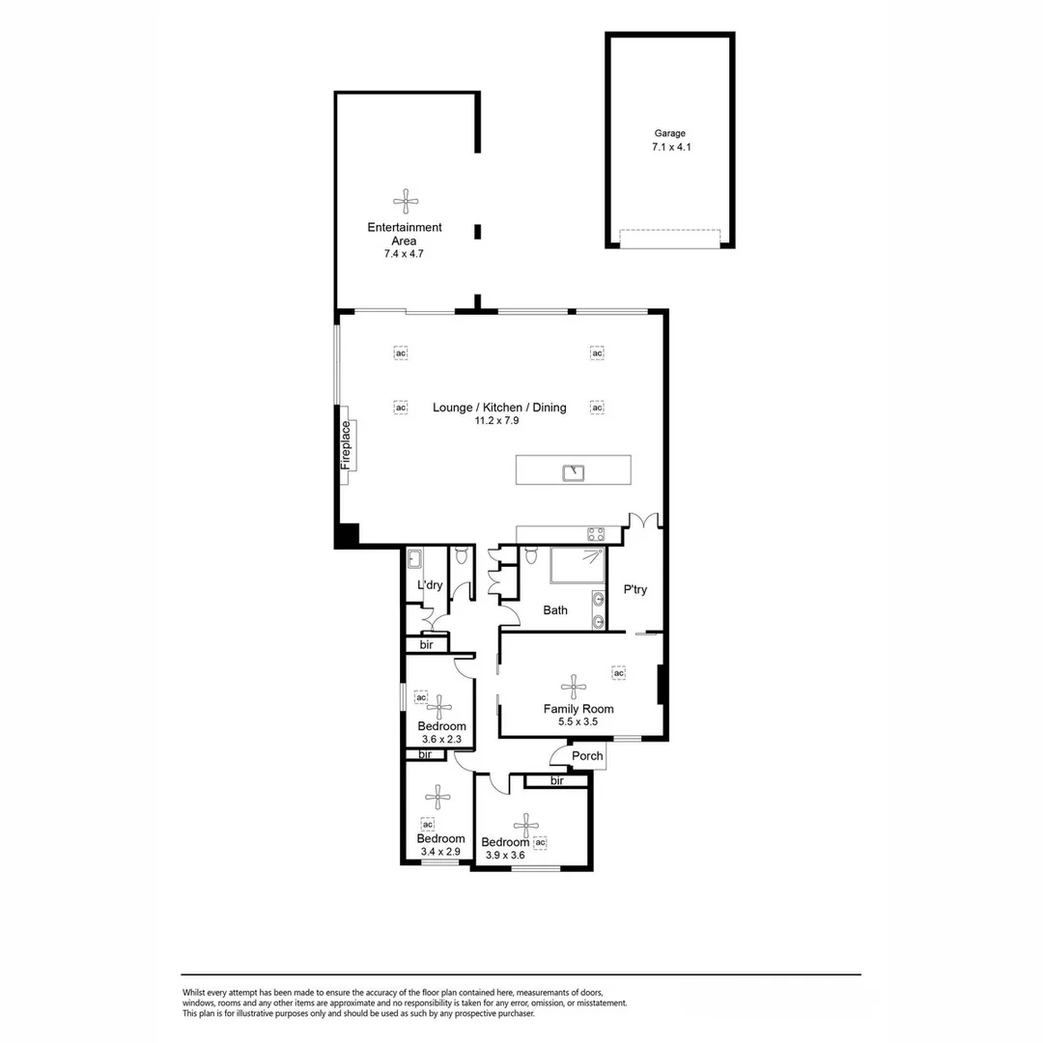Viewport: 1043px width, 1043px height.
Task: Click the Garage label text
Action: pos(669,134)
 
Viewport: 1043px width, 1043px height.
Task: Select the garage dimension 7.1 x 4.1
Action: pos(669,148)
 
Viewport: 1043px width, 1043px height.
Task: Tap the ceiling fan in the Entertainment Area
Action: pos(406,202)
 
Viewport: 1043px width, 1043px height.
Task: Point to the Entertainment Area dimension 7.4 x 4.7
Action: pos(404,254)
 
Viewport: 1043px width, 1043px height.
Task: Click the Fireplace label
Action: pos(346,445)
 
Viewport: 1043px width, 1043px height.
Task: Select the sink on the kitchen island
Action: pos(574,471)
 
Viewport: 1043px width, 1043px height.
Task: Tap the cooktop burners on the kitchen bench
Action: pos(596,533)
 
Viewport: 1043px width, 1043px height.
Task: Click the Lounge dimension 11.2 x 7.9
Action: pos(498,421)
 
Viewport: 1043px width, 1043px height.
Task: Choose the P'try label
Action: pos(634,590)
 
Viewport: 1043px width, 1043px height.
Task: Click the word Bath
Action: pos(555,610)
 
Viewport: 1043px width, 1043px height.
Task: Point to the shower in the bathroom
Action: pos(578,566)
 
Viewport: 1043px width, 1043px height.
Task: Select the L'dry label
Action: pos(430,585)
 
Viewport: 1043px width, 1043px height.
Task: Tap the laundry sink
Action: pos(415,558)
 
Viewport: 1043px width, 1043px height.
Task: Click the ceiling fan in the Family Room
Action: pos(575,687)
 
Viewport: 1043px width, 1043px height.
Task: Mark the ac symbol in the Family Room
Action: pos(619,672)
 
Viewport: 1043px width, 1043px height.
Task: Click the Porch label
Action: pos(587,756)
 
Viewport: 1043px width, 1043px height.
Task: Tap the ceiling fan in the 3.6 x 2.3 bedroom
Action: pos(439,706)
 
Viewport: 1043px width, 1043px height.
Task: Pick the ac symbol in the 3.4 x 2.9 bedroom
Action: pos(428,824)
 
